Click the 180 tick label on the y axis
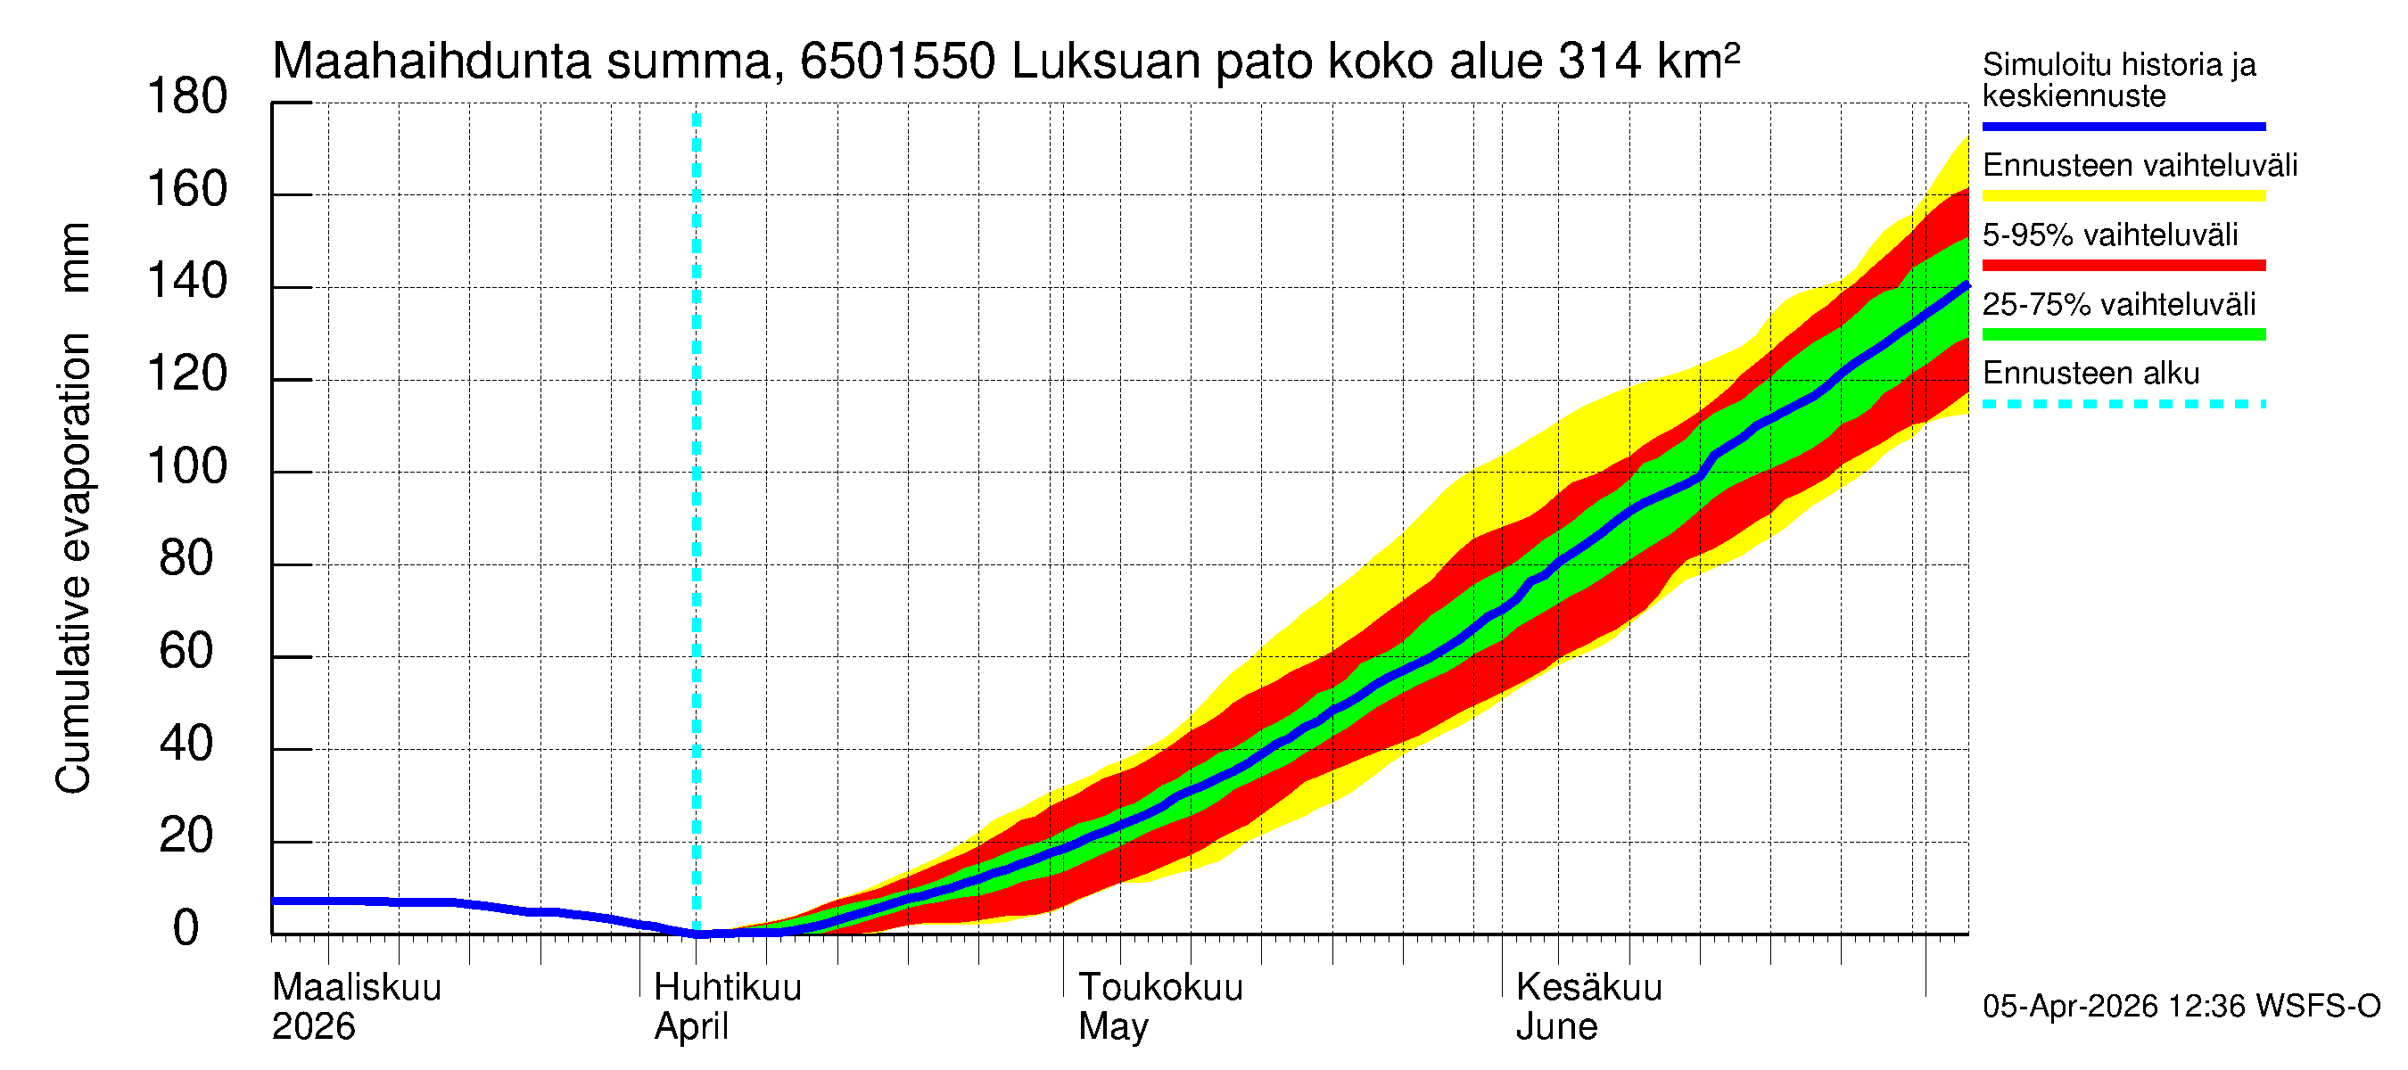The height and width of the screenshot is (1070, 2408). (187, 97)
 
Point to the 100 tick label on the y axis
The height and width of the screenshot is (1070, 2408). (187, 466)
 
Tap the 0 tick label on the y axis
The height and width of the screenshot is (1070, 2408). (186, 928)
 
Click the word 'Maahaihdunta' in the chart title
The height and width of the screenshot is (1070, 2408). (431, 62)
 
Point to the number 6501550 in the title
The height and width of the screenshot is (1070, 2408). (897, 62)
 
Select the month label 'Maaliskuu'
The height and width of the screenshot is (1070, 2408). (356, 987)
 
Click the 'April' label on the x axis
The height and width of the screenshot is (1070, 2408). (691, 1026)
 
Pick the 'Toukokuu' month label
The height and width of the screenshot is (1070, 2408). (1160, 987)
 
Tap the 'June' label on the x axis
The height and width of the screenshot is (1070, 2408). (1556, 1026)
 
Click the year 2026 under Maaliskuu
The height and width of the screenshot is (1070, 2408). (313, 1026)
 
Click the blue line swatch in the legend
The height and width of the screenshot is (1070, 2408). (2123, 126)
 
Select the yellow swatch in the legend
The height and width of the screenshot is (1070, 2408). (2123, 196)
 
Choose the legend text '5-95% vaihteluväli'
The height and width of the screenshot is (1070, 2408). (2110, 235)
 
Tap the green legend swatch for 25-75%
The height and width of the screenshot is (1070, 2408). (2123, 334)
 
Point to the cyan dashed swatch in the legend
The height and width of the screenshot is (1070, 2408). (2123, 405)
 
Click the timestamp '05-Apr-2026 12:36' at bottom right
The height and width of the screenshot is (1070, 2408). (2116, 1007)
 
